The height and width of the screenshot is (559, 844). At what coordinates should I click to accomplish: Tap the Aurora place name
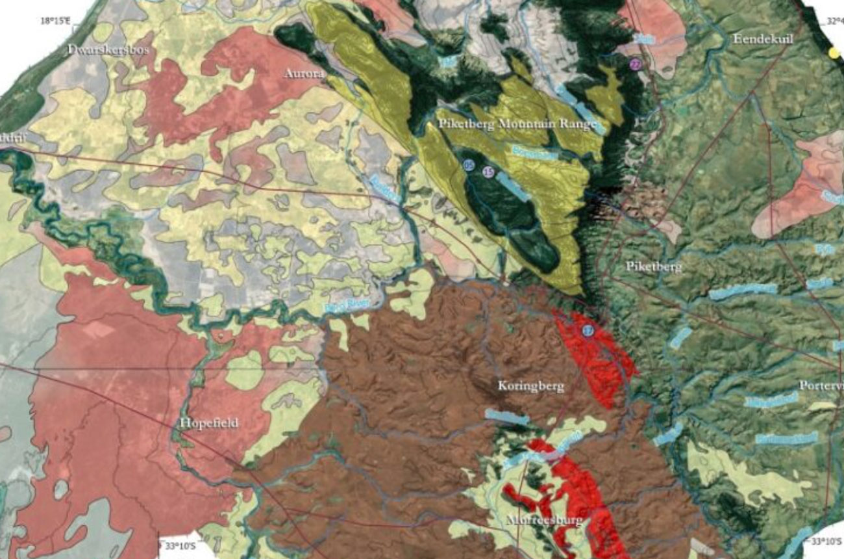click(x=304, y=74)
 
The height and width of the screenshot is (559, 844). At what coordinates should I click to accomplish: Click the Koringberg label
click(x=530, y=386)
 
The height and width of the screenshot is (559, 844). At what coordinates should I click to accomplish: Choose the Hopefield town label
click(x=208, y=423)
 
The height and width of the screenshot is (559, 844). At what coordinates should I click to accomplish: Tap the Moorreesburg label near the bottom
click(x=544, y=521)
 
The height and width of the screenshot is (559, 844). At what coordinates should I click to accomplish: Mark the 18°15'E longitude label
click(x=55, y=21)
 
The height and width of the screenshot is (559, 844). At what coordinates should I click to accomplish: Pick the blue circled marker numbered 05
click(x=469, y=166)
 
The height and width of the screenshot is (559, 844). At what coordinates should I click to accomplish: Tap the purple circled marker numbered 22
click(x=635, y=64)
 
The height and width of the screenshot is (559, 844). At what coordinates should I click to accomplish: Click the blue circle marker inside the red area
click(x=587, y=331)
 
